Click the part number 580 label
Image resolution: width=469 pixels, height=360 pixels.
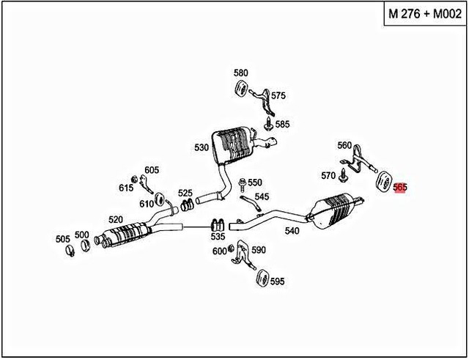[241, 73]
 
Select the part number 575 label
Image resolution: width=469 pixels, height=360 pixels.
[278, 95]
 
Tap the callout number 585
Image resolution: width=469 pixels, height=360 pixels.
[282, 124]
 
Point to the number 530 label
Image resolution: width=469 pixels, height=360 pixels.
[202, 147]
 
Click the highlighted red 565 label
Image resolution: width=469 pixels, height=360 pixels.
[399, 188]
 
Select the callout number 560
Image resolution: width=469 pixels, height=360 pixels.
[344, 145]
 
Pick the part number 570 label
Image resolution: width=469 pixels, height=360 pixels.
[328, 175]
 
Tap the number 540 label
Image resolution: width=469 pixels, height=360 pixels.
[292, 230]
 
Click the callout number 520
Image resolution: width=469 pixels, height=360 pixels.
[116, 219]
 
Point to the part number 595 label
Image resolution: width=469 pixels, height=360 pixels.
[277, 281]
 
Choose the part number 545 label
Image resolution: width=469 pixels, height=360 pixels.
[262, 196]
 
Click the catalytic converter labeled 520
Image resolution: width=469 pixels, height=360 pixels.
[128, 232]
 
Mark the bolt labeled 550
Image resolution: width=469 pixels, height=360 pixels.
[243, 183]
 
